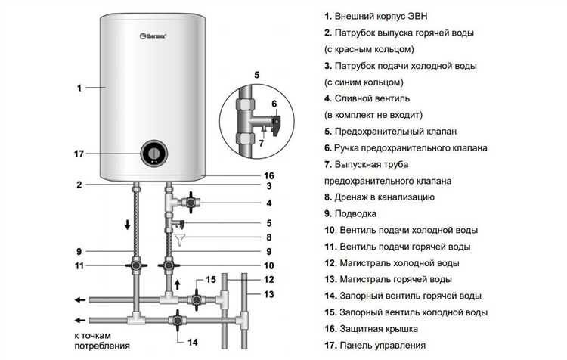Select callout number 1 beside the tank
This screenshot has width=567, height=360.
pos(79,88)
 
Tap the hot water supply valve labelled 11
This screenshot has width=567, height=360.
pos(135,267)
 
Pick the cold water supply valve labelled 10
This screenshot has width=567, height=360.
pos(169,267)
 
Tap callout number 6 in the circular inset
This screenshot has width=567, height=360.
pos(274,104)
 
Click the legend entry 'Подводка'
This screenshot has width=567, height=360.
pos(352,213)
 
